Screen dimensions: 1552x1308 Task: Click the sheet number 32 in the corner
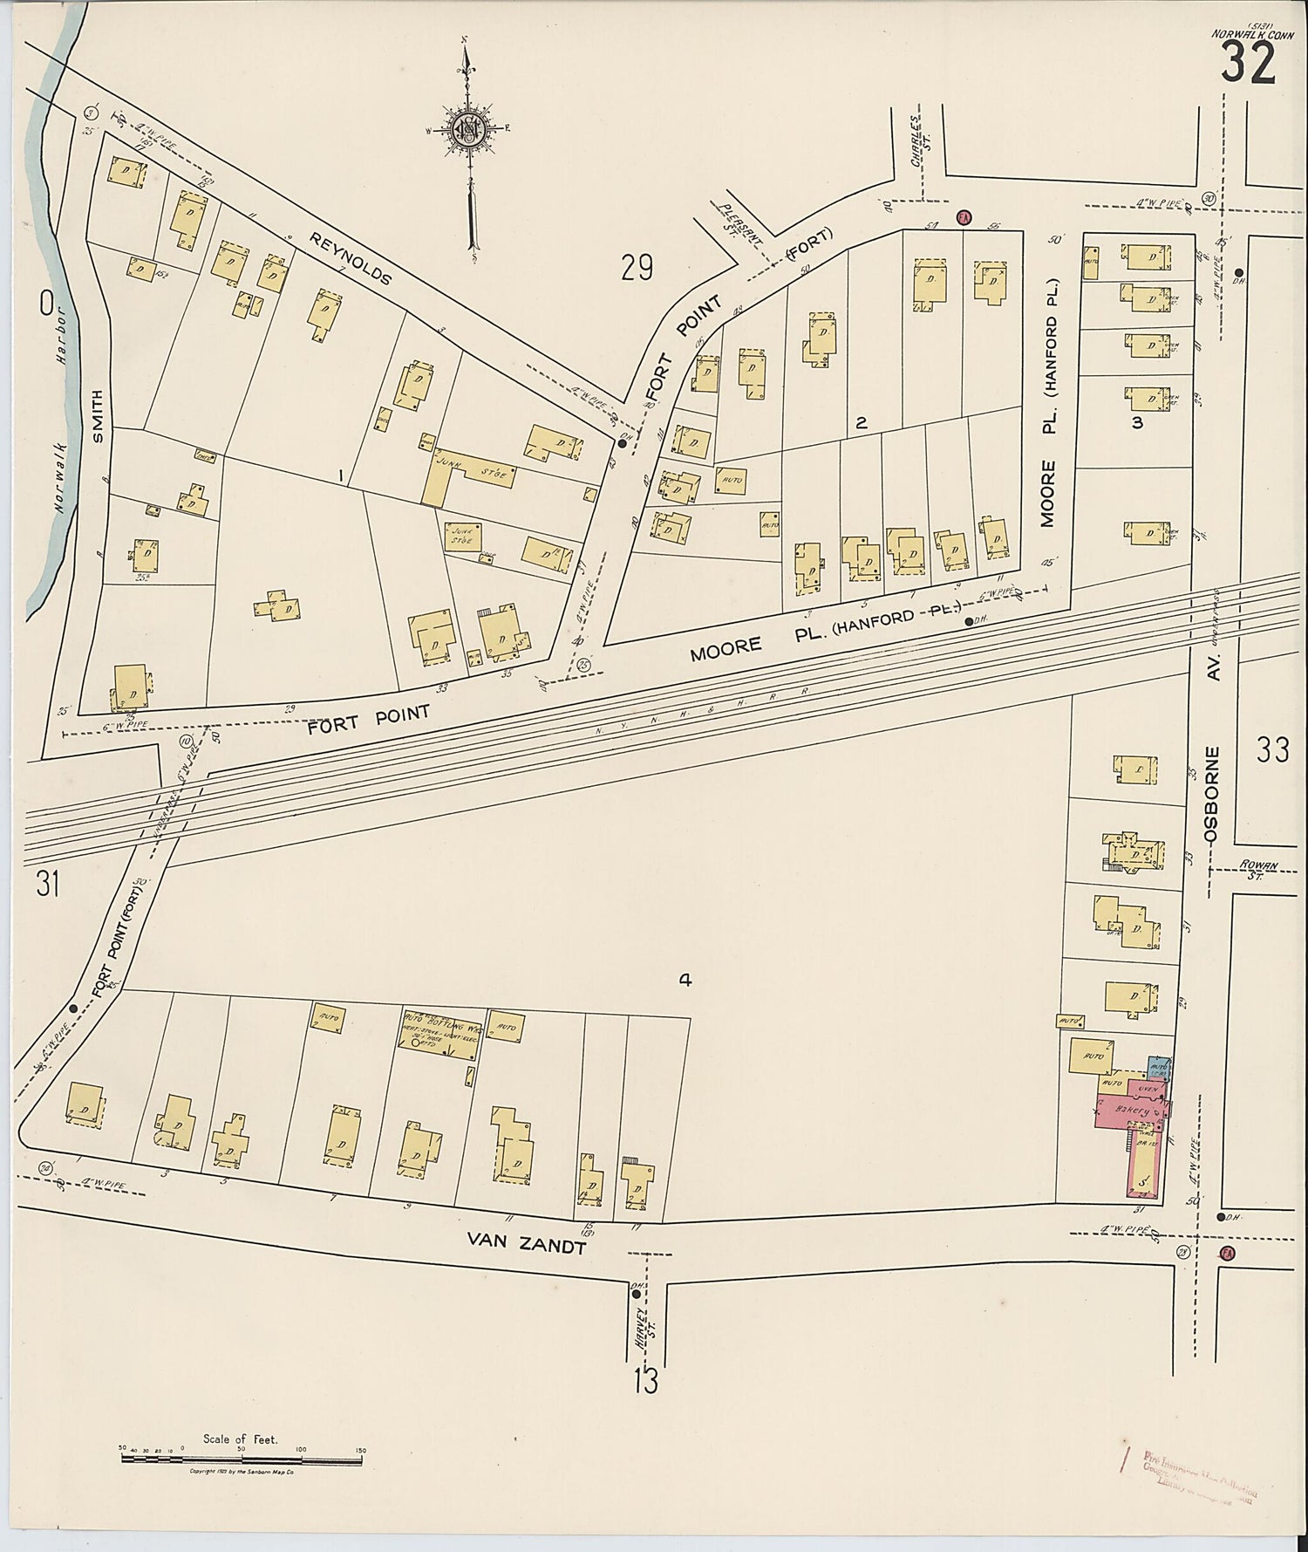tap(1248, 63)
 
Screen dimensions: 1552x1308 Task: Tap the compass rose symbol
tap(469, 130)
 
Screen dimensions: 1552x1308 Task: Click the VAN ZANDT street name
tap(526, 1246)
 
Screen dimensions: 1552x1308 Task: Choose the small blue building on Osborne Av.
tap(1159, 1067)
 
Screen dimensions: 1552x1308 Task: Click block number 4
tap(685, 980)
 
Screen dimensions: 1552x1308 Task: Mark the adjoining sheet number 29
tap(637, 268)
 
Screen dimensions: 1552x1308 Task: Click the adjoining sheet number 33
tap(1272, 749)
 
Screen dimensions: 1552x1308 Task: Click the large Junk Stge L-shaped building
tap(463, 474)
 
